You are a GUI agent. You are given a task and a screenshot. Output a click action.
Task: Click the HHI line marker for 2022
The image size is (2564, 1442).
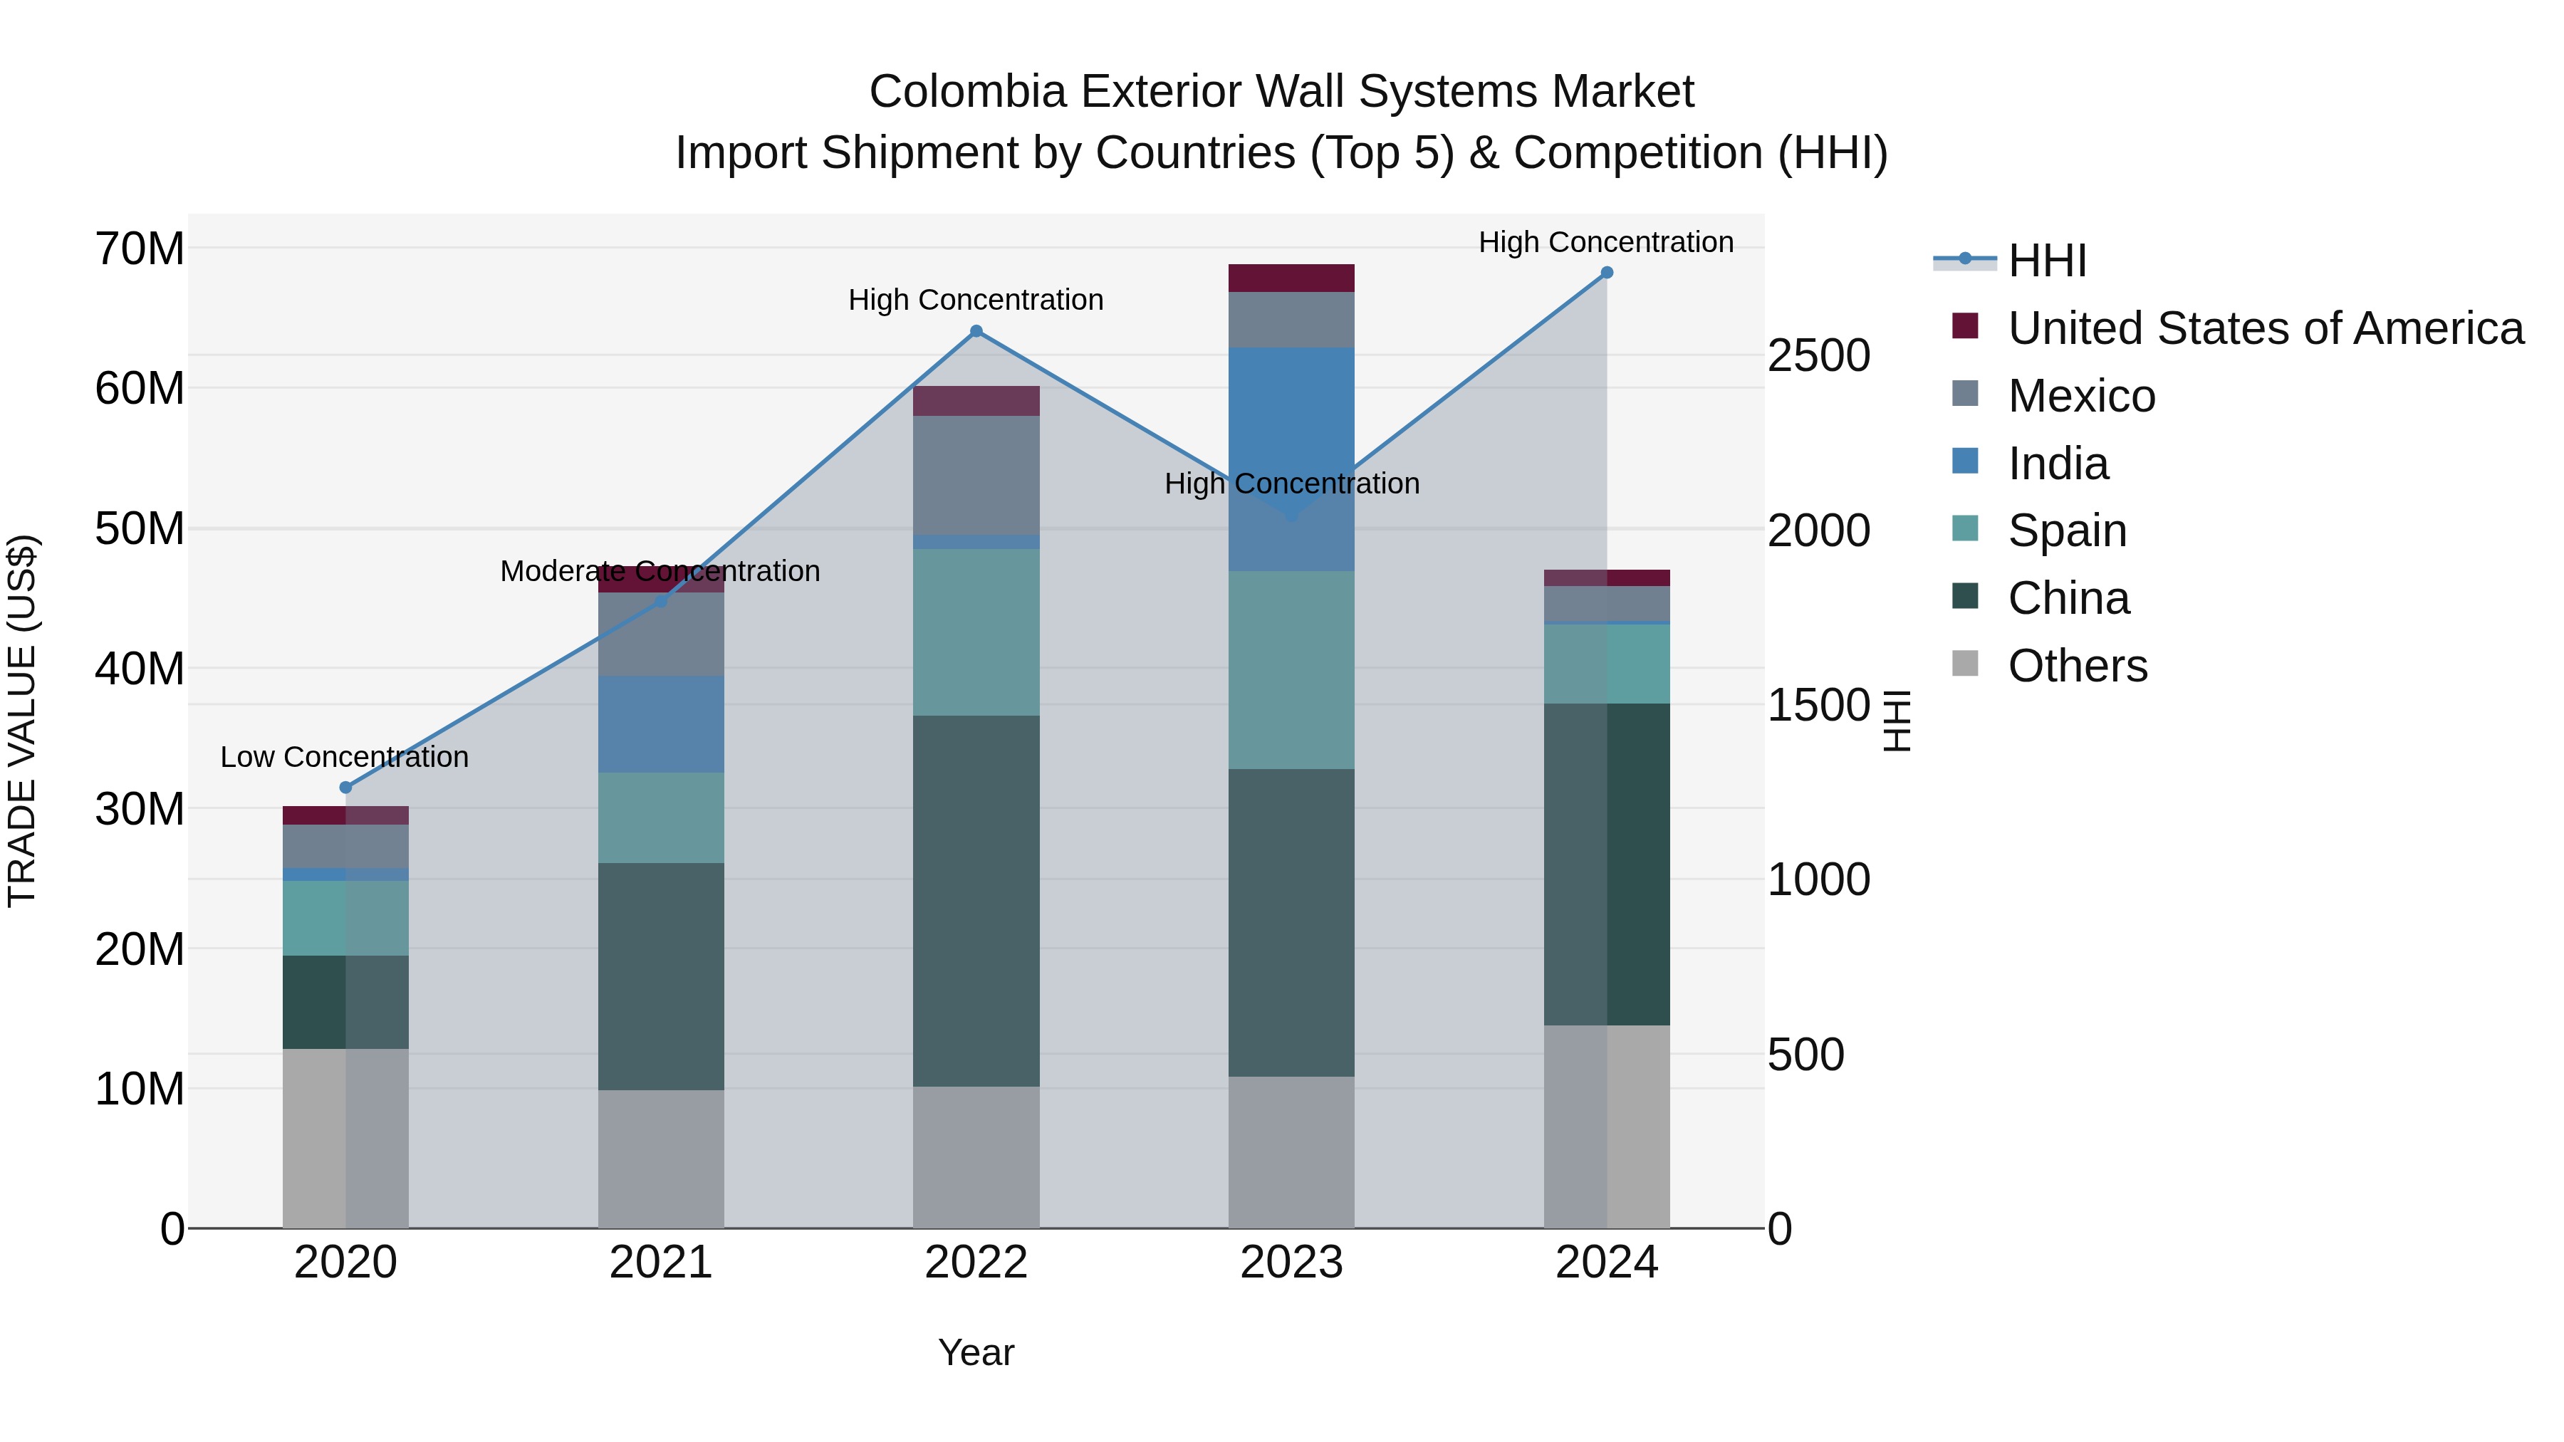tap(976, 331)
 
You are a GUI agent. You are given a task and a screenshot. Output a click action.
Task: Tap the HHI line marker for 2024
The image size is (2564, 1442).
tap(1607, 273)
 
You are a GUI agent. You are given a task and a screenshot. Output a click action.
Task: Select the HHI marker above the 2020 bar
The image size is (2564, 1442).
tap(345, 787)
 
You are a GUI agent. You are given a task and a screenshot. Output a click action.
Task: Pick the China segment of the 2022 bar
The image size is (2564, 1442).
tap(976, 901)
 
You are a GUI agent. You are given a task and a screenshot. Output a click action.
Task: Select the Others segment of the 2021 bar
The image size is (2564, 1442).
tap(660, 1159)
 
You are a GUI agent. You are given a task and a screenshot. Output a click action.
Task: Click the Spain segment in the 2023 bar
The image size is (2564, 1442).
tap(1291, 670)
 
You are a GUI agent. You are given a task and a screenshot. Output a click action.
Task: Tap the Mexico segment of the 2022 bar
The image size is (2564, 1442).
tap(976, 475)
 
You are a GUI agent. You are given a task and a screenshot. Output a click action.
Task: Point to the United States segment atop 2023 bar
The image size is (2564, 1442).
tap(1291, 278)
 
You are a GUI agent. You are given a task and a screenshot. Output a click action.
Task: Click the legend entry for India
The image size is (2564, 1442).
tap(2058, 464)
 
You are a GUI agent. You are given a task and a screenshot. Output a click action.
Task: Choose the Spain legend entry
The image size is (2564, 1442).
tap(2066, 531)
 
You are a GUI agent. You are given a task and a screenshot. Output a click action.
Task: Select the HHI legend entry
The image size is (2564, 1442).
tap(2046, 261)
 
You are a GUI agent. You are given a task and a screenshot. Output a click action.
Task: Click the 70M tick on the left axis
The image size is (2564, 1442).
tap(140, 249)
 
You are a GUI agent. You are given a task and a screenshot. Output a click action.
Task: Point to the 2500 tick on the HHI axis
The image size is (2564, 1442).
tap(1818, 355)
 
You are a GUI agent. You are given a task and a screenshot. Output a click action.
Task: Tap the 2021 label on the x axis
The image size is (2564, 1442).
tap(660, 1263)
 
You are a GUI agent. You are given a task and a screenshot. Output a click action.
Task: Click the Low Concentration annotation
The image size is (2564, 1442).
tap(345, 758)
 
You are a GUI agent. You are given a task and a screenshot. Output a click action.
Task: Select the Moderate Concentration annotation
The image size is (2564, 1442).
tap(660, 571)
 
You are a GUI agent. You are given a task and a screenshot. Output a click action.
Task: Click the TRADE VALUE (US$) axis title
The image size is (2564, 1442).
tap(22, 721)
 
